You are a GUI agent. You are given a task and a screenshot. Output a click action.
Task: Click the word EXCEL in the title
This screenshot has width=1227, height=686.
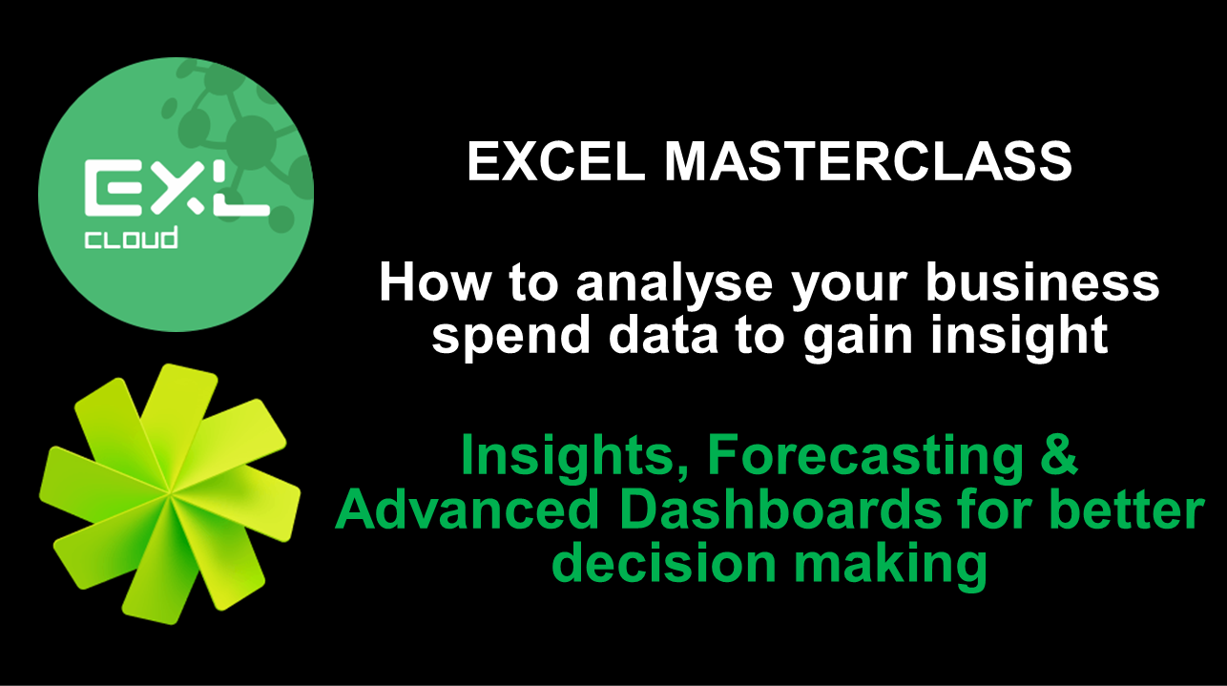(556, 161)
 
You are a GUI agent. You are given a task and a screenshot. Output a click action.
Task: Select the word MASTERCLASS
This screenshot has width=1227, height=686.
(868, 161)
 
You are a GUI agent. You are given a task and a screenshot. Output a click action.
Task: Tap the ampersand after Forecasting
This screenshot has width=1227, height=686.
(1059, 455)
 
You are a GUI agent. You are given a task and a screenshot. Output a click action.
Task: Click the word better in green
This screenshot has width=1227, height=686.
(1127, 509)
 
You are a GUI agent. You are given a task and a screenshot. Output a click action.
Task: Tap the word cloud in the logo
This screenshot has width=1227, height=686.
(131, 239)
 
